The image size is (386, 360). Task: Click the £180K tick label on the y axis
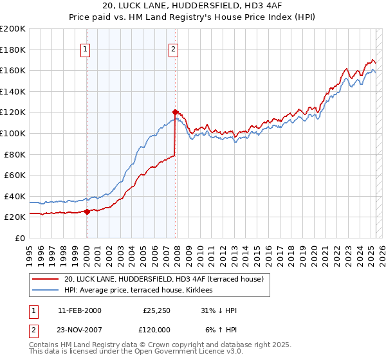[x=13, y=50]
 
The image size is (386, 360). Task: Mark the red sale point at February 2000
[x=87, y=212]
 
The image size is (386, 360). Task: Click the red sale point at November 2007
[x=175, y=112]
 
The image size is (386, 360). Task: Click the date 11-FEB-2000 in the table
[x=79, y=310]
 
